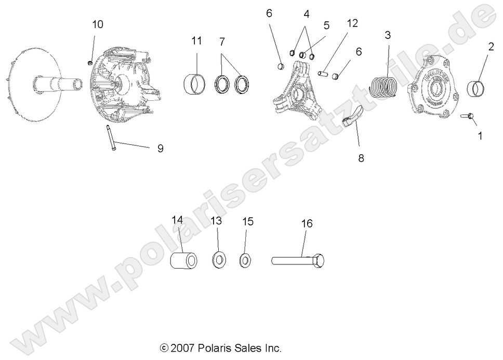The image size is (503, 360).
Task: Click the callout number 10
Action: pos(98,24)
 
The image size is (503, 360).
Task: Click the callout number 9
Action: pos(160,149)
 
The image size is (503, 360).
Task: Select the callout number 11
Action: pos(196,41)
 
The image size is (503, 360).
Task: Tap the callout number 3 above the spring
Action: pos(388,35)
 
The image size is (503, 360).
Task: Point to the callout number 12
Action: pos(352,23)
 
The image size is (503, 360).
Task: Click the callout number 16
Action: pos(307,209)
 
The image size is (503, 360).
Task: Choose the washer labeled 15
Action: pos(244,259)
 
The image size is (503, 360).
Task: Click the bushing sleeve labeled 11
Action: pos(195,83)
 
